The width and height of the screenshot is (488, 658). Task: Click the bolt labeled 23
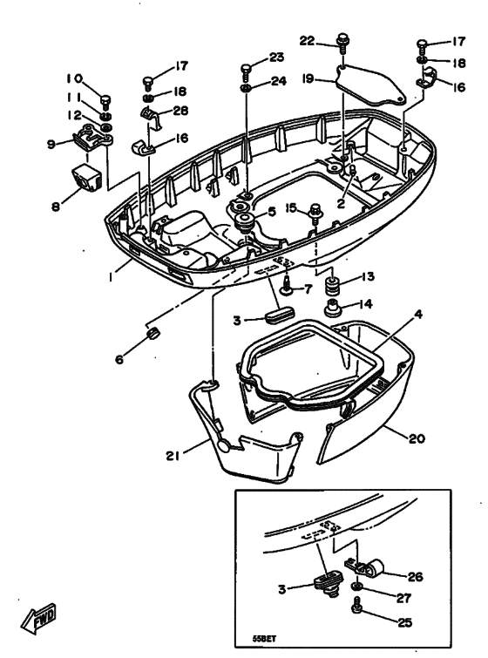click(x=248, y=69)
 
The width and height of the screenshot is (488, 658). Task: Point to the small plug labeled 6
click(x=151, y=336)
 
